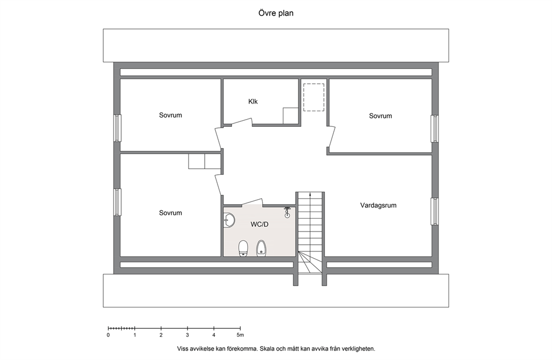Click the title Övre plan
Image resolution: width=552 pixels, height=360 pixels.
click(x=275, y=13)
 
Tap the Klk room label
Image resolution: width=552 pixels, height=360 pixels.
click(x=253, y=102)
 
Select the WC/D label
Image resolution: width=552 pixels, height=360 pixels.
click(x=259, y=224)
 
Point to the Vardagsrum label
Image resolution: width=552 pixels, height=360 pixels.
click(x=378, y=205)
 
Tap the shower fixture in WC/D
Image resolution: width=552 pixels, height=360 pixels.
click(x=288, y=211)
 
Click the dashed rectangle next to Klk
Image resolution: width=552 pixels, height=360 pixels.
click(x=313, y=97)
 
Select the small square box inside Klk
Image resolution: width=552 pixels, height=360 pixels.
click(x=290, y=116)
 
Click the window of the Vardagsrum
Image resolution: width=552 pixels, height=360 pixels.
click(x=435, y=211)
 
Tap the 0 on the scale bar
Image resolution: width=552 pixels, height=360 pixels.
click(x=108, y=335)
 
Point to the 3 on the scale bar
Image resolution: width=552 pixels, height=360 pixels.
click(x=188, y=335)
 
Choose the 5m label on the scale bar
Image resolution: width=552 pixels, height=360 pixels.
click(x=240, y=335)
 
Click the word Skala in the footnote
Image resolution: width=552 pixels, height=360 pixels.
click(x=268, y=349)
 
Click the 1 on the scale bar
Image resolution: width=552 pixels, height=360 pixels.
click(x=135, y=335)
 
